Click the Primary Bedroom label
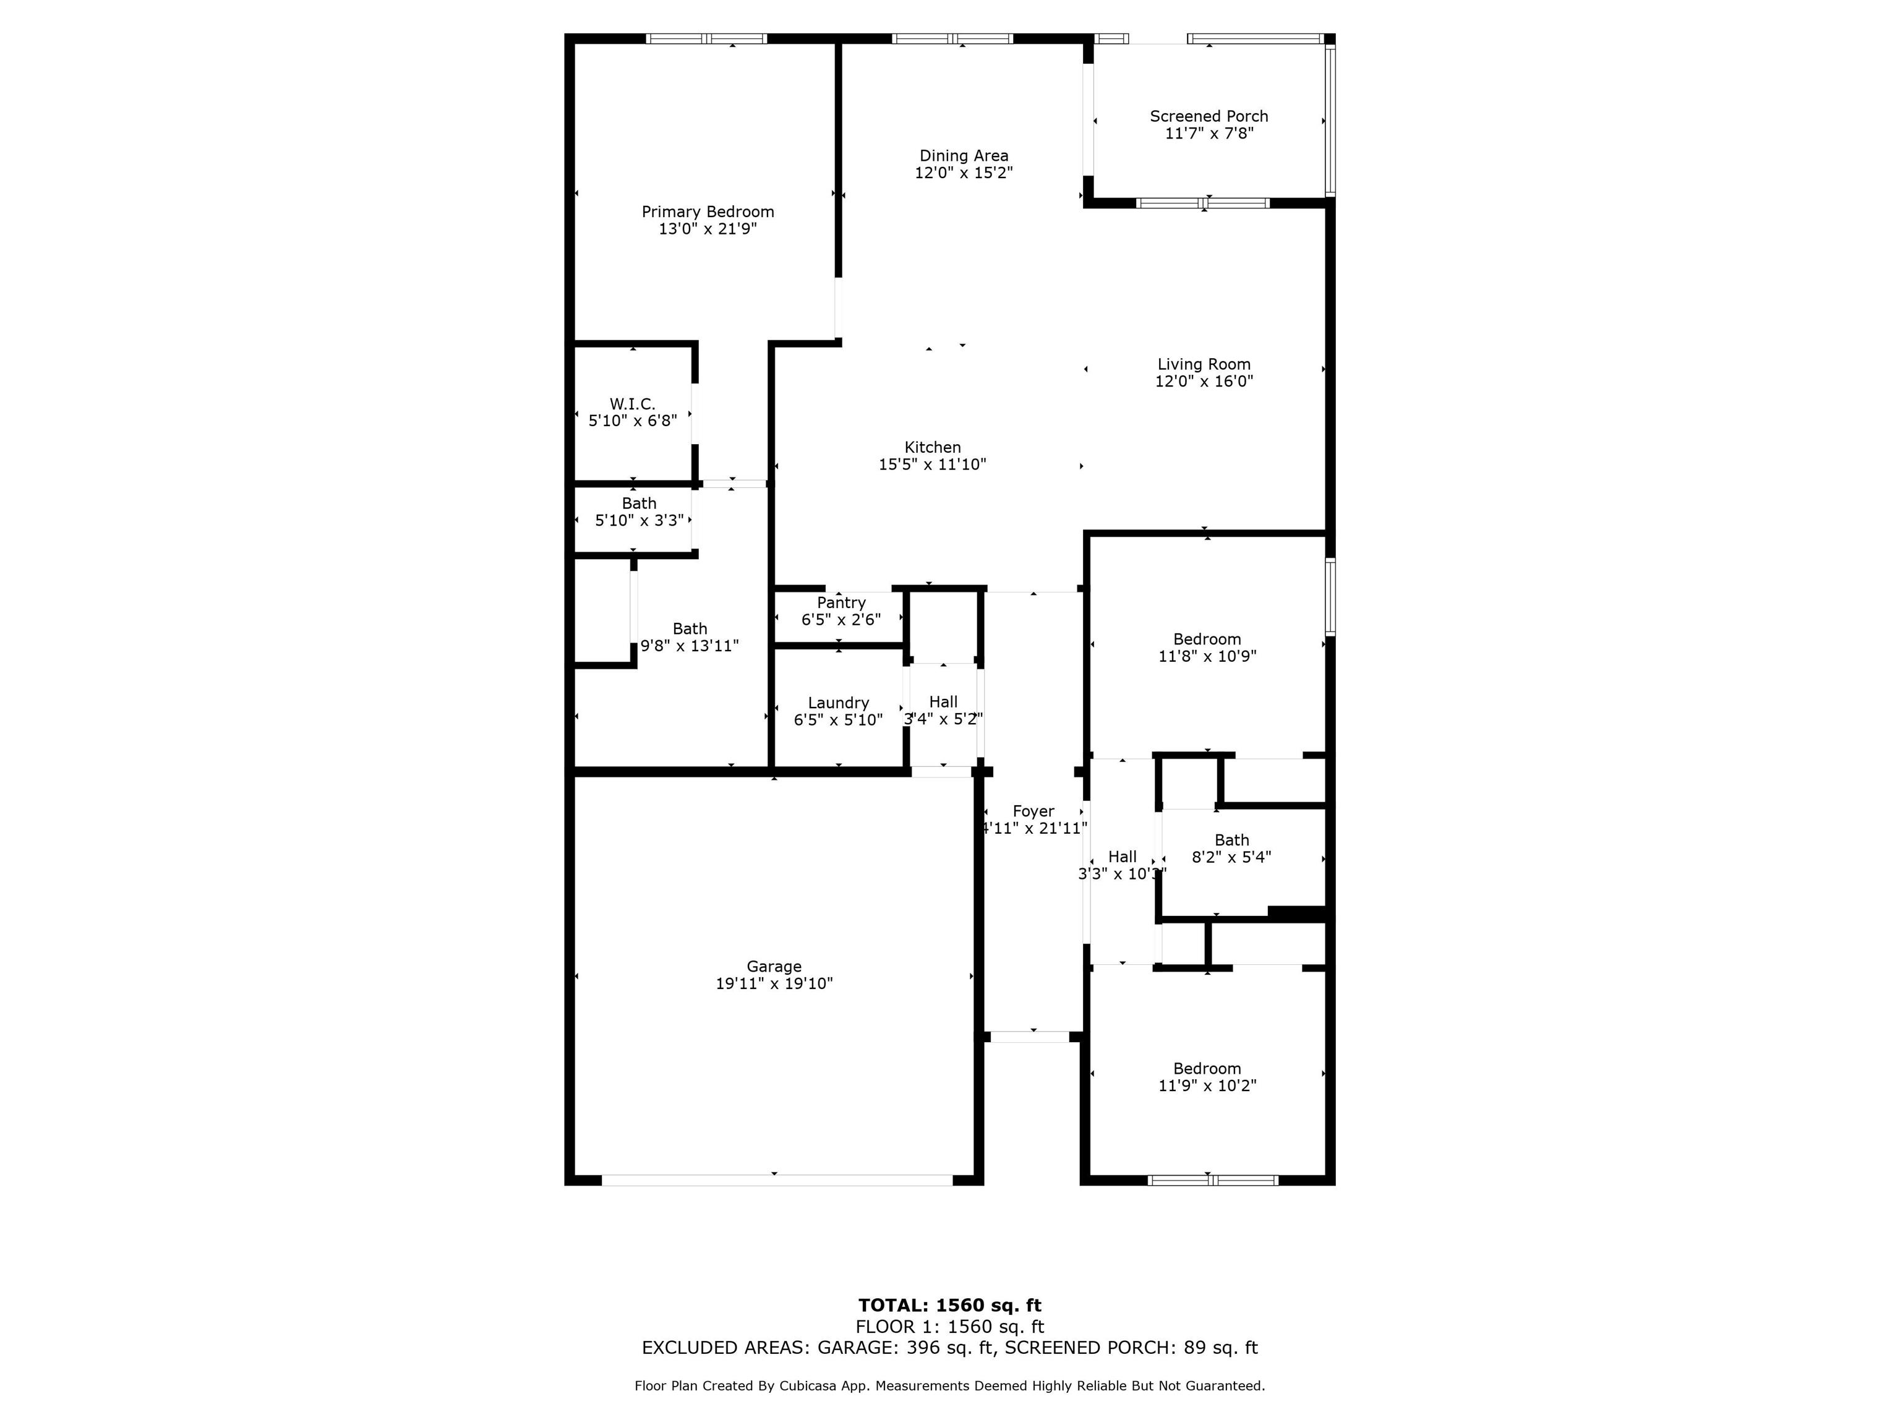[x=708, y=212]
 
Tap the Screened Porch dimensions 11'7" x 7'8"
[x=1209, y=133]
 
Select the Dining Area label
[x=964, y=155]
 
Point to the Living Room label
[x=1204, y=364]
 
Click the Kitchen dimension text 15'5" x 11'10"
[x=932, y=464]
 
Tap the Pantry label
[x=841, y=603]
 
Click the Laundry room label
[x=838, y=703]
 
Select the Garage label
[x=774, y=966]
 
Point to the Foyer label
[x=1033, y=811]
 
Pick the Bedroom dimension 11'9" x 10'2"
[x=1207, y=1085]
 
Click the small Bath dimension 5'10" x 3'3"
[x=639, y=521]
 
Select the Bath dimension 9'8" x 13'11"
[x=690, y=646]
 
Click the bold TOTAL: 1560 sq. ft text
[x=950, y=1306]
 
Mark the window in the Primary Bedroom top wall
[x=706, y=38]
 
